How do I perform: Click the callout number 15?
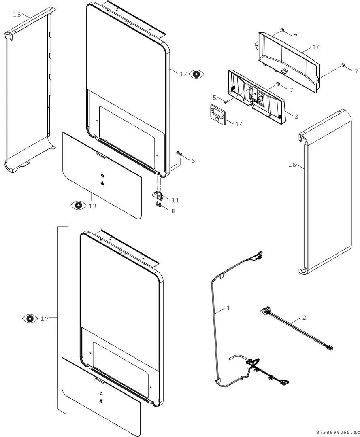pos(17,14)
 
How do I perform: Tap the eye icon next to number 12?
pos(196,74)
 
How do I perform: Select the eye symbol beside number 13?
pos(79,205)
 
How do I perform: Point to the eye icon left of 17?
pos(30,318)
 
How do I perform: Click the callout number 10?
pos(317,47)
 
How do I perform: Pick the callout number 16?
pos(292,165)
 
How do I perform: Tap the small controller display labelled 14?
pos(217,113)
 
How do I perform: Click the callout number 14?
pos(239,124)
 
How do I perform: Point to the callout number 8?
pos(173,211)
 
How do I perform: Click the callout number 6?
pos(193,161)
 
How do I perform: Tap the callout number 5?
pos(215,98)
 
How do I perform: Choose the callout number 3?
pos(296,117)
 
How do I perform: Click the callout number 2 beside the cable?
pos(304,318)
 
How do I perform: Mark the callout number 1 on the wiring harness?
pos(228,308)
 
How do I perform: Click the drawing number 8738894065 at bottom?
pos(336,432)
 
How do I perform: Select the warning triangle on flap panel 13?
pos(102,183)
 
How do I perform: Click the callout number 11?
pos(175,200)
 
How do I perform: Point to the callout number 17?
pos(45,318)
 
